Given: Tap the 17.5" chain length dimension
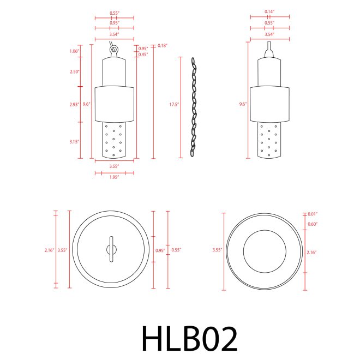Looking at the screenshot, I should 175,104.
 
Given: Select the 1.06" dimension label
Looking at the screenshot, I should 75,51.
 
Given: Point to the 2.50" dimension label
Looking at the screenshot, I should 75,71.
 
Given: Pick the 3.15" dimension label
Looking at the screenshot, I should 75,141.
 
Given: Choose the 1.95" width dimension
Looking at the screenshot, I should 113,177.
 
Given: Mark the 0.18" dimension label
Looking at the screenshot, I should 163,45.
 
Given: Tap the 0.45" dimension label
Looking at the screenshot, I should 143,55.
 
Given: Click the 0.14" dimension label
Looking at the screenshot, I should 269,11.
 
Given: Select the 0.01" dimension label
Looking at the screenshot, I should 312,214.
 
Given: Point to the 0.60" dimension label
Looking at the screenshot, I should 312,224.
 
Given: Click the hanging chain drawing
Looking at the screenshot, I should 193,106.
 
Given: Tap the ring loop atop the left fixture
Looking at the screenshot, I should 114,50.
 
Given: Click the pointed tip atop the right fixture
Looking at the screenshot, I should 268,50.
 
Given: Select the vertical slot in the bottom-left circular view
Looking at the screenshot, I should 111,250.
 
